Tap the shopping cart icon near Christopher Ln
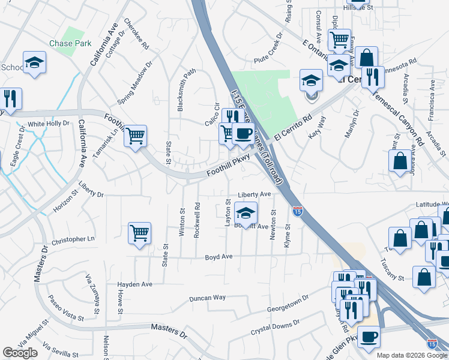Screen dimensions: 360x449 (139, 233)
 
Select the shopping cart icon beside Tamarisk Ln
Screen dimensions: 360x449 (136, 136)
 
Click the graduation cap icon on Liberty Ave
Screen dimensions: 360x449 (245, 212)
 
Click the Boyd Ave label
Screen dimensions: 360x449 (218, 256)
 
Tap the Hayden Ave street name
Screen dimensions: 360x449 (135, 284)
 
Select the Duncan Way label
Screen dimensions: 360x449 (207, 298)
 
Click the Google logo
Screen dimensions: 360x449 (20, 353)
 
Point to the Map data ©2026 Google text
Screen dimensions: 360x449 (412, 355)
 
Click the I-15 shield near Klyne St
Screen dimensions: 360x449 (297, 211)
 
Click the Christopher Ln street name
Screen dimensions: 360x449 (73, 239)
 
